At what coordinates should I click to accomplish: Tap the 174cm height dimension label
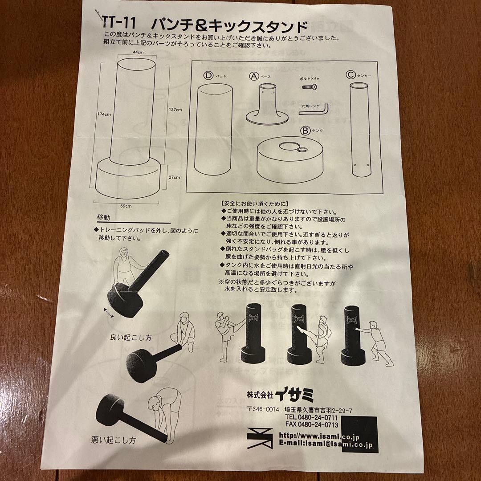click(x=105, y=114)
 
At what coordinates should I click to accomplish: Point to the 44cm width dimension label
click(x=138, y=53)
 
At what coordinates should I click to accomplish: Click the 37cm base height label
click(x=174, y=177)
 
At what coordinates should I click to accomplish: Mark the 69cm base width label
click(x=126, y=206)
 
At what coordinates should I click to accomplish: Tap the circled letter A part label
click(x=253, y=76)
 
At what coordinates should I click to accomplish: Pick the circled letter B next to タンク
click(x=305, y=131)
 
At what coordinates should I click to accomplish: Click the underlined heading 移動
click(x=103, y=218)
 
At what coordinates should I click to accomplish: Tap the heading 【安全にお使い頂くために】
click(x=255, y=203)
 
